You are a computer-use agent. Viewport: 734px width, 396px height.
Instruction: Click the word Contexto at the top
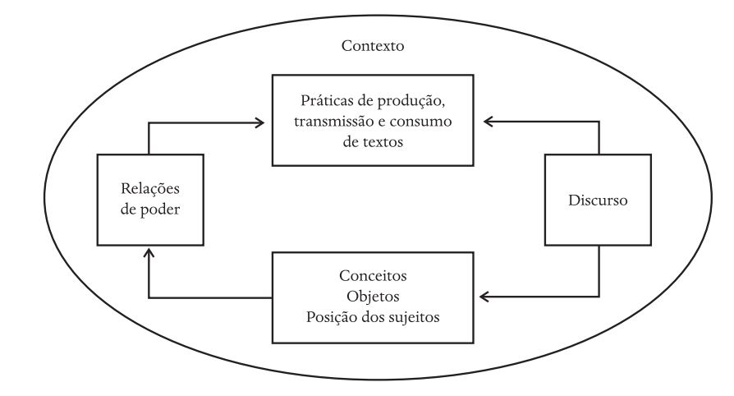pyautogui.click(x=372, y=46)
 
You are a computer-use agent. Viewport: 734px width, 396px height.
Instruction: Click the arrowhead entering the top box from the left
pyautogui.click(x=259, y=123)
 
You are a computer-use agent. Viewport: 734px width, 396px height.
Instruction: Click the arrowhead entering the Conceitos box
pyautogui.click(x=485, y=296)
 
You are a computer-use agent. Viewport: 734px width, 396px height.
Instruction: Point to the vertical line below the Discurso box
pyautogui.click(x=599, y=271)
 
